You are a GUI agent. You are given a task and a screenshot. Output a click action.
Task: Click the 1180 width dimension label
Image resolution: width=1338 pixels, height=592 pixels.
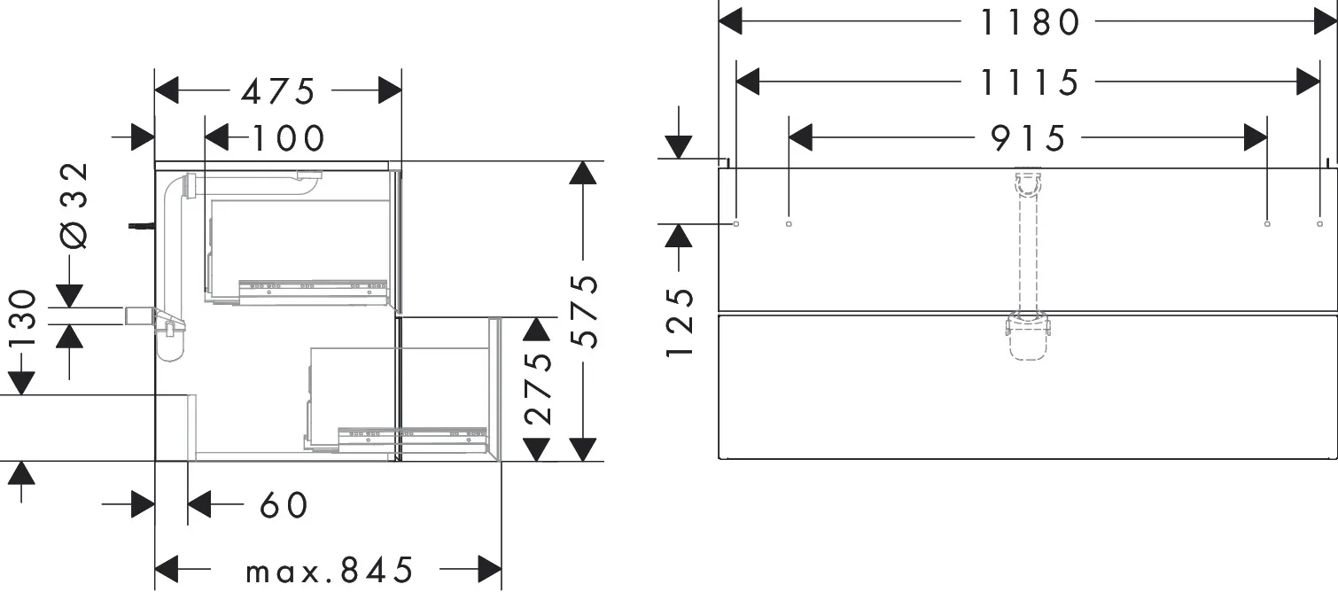click(1030, 23)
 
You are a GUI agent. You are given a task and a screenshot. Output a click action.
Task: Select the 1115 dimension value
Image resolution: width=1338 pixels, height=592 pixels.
click(1030, 82)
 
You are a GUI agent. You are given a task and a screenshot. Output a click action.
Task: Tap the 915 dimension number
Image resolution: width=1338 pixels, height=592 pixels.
click(1028, 138)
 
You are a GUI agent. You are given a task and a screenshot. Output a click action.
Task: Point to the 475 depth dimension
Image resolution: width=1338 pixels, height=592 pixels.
click(277, 91)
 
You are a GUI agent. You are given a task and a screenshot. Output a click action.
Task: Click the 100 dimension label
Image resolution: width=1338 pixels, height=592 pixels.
click(289, 138)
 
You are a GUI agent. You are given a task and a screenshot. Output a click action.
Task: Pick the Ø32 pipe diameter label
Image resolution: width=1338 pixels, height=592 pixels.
click(74, 206)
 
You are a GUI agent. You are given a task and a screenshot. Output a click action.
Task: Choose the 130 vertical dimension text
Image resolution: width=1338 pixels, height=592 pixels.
click(22, 318)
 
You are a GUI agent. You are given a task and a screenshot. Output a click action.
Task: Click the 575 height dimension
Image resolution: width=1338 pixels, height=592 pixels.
click(584, 311)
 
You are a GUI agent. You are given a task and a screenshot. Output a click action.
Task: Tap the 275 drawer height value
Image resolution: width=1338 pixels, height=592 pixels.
click(538, 388)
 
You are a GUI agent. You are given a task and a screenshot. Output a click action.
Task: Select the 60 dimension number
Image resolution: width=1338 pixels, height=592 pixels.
click(284, 505)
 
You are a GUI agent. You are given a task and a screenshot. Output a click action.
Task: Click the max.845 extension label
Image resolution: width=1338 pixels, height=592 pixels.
click(329, 571)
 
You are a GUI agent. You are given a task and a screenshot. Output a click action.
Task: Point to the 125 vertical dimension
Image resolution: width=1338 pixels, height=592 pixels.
click(681, 323)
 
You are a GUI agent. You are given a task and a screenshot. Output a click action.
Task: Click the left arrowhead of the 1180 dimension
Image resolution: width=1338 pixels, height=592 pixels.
click(730, 22)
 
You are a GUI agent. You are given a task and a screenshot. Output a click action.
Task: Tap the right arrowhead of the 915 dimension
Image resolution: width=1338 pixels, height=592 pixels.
click(1255, 138)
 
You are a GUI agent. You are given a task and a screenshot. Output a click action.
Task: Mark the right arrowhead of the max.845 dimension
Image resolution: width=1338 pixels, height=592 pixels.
click(490, 569)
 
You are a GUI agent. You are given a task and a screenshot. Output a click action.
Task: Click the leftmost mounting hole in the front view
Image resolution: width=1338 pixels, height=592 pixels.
click(735, 224)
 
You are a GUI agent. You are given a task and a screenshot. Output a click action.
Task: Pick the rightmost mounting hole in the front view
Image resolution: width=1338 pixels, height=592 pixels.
click(1319, 224)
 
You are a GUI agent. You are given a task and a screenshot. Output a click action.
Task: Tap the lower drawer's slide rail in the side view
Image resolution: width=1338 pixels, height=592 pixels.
click(413, 439)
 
